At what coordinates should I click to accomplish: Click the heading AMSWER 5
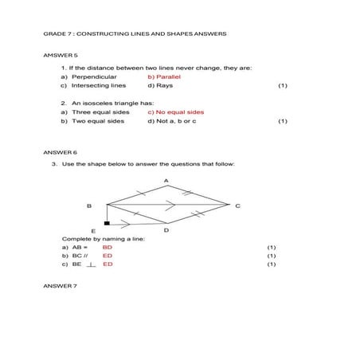[x=60, y=56]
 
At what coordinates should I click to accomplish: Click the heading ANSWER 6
[x=60, y=151]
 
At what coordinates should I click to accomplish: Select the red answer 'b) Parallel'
[x=165, y=76]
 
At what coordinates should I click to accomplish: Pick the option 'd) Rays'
[x=160, y=84]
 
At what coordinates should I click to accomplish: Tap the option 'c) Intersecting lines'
[x=94, y=84]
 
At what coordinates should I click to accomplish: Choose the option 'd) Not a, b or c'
[x=171, y=121]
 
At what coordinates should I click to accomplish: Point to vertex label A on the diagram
[x=166, y=181]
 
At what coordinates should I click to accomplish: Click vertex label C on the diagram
[x=237, y=205]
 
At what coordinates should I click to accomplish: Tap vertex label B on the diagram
[x=89, y=205]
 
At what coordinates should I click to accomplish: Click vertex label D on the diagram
[x=166, y=230]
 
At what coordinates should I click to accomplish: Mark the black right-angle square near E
[x=107, y=225]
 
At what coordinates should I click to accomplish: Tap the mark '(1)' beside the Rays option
[x=282, y=84]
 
